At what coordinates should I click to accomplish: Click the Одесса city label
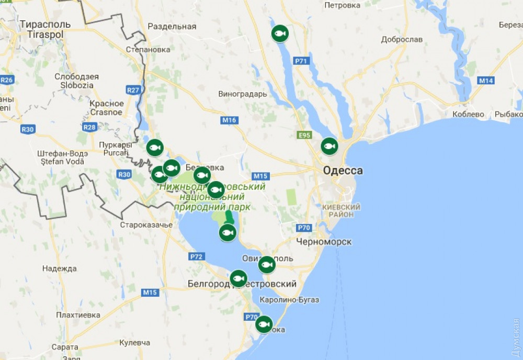click(x=343, y=171)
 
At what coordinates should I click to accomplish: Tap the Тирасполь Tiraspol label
click(x=41, y=29)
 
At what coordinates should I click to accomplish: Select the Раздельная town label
click(x=172, y=26)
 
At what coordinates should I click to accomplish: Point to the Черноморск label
click(x=324, y=242)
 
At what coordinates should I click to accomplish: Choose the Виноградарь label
click(x=242, y=94)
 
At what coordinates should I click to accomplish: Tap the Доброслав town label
click(x=402, y=40)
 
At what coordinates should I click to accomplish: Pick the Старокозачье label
click(x=146, y=225)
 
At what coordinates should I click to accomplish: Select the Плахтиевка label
click(x=78, y=315)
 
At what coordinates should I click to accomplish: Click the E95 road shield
click(x=304, y=135)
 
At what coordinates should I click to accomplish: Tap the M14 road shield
click(x=486, y=80)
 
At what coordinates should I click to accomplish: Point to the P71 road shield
click(x=301, y=61)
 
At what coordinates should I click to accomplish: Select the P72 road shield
click(x=197, y=256)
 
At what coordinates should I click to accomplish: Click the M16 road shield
click(x=229, y=120)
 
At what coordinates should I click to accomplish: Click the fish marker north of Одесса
click(x=329, y=146)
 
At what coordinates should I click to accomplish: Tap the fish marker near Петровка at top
click(x=280, y=34)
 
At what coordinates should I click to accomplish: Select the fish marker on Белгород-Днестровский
click(x=238, y=278)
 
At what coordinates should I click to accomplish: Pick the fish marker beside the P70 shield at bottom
click(x=264, y=324)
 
